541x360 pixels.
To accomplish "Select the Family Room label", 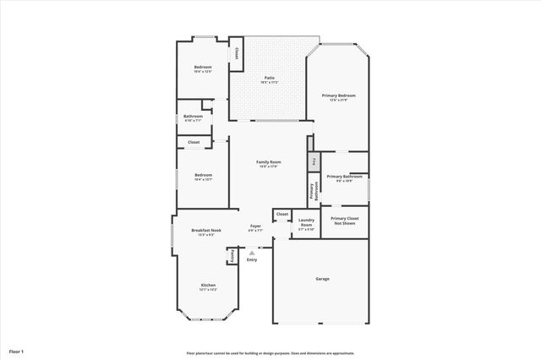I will tap(269, 161).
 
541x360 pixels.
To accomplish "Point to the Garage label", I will tap(322, 278).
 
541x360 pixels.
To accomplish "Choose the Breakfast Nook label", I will tap(206, 231).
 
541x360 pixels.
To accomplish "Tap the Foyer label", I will tap(255, 226).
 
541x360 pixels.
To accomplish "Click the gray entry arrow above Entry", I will tap(251, 252).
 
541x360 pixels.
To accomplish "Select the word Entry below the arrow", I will tap(251, 259).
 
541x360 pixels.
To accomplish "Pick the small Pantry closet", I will tap(231, 254).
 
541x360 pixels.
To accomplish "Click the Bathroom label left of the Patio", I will tap(194, 117).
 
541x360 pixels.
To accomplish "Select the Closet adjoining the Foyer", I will tap(282, 214).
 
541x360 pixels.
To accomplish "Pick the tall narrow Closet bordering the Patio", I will tap(237, 53).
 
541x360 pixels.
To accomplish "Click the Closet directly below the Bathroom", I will tap(194, 142).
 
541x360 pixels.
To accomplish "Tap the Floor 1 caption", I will tap(16, 351).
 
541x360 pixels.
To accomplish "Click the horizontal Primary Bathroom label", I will tap(344, 177).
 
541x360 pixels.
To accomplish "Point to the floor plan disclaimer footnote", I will tap(270, 353).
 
